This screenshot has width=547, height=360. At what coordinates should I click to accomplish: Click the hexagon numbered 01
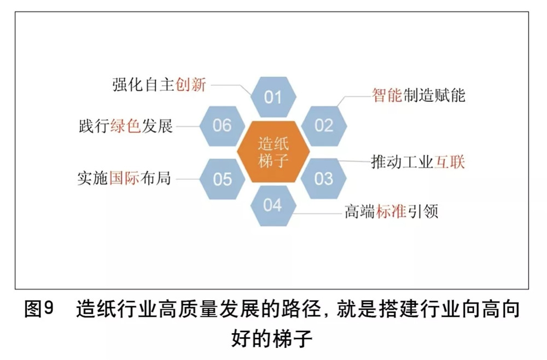[x=273, y=97]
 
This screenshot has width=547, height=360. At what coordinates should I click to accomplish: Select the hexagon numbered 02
[x=324, y=125]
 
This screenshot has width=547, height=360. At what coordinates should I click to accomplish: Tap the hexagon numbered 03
[x=324, y=178]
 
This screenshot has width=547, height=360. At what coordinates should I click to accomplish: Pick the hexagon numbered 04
[x=272, y=205]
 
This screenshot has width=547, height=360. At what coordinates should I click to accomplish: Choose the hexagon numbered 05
[x=222, y=179]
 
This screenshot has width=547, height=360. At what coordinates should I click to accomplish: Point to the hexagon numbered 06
[x=222, y=125]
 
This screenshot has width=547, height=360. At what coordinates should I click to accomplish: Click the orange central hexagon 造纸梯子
[x=273, y=152]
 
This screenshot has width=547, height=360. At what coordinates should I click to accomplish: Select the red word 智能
[x=387, y=95]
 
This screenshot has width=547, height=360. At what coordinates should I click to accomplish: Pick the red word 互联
[x=450, y=162]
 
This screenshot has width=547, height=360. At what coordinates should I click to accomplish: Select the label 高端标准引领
[x=391, y=212]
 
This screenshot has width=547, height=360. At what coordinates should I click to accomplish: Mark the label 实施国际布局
[x=124, y=178]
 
